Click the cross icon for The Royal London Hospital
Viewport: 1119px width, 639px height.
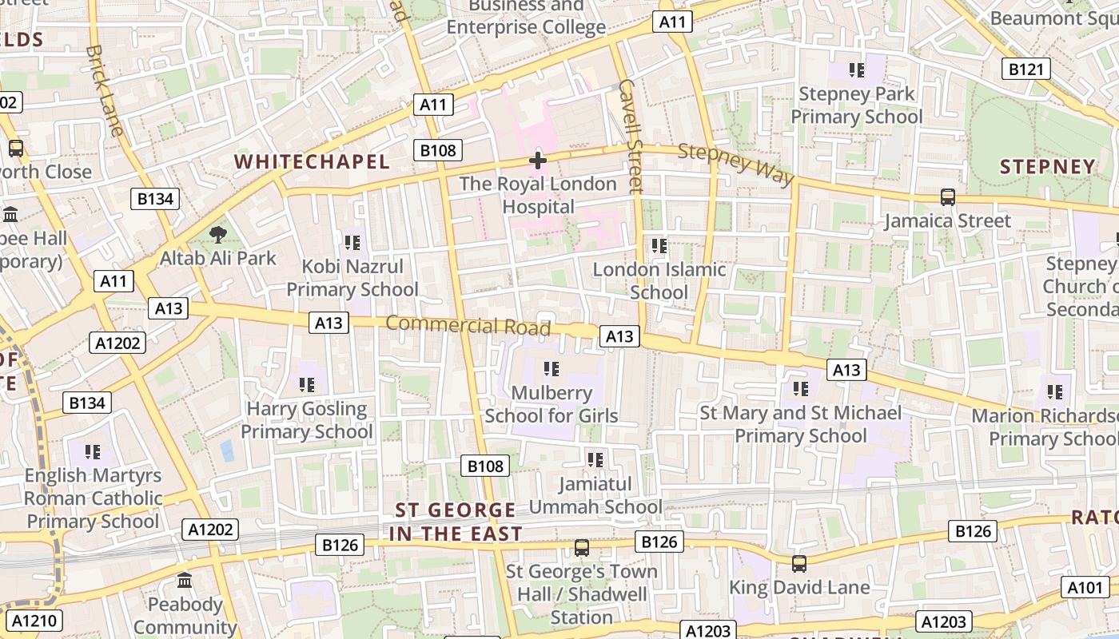coord(538,161)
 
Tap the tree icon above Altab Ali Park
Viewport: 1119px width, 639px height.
coord(217,235)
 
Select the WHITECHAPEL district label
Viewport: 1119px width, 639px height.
coord(312,161)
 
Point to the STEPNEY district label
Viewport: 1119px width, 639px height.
coord(1048,166)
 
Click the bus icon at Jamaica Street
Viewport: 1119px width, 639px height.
coord(947,196)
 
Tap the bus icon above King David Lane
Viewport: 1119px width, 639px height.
coord(798,564)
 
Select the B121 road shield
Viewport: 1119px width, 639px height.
coord(1025,69)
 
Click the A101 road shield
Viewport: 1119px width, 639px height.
coord(1085,588)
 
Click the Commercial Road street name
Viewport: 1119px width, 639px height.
coord(468,326)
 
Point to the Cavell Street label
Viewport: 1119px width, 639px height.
coord(631,136)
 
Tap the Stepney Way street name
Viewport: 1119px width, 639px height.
coord(736,163)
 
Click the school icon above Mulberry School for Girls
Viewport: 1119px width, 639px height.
coord(551,369)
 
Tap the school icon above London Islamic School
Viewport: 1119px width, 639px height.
coord(659,246)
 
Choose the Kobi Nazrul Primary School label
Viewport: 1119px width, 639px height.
coord(352,277)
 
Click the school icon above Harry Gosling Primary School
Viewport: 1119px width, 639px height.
coord(307,385)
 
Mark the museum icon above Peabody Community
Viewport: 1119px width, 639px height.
coord(185,580)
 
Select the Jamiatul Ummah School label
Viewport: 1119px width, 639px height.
coord(595,495)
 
